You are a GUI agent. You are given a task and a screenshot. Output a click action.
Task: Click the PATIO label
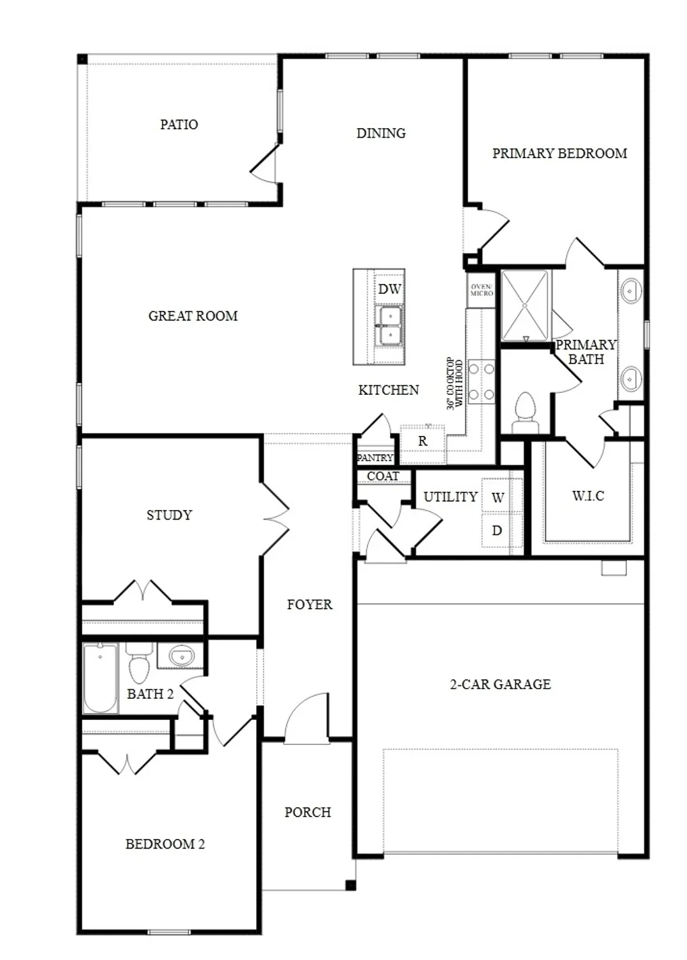click(179, 124)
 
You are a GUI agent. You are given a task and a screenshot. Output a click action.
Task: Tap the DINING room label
click(381, 133)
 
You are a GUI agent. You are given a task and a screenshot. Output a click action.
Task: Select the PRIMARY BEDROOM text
click(559, 154)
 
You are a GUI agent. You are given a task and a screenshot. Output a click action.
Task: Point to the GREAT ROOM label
click(193, 316)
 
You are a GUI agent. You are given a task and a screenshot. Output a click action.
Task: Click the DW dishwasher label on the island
click(389, 289)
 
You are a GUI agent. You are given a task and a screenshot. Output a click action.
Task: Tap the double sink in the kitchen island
click(389, 325)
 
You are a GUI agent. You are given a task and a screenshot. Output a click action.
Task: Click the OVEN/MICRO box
click(481, 290)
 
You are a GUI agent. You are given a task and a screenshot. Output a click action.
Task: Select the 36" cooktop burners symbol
click(481, 381)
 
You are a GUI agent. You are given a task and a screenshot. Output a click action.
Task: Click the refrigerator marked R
click(423, 441)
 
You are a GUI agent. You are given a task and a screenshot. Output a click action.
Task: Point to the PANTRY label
click(375, 458)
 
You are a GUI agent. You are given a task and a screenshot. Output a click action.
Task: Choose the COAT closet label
click(383, 476)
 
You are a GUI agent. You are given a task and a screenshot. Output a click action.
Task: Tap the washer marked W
click(497, 497)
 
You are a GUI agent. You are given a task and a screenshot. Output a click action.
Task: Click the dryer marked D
click(497, 531)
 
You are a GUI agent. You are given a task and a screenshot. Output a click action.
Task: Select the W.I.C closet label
click(588, 496)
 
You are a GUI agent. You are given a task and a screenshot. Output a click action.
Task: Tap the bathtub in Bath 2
click(101, 678)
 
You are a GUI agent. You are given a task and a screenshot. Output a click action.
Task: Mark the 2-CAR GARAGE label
click(500, 684)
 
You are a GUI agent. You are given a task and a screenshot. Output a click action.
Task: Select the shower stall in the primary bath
click(524, 305)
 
